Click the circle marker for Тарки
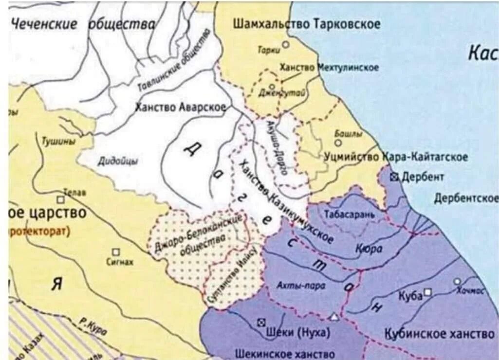pyautogui.click(x=286, y=44)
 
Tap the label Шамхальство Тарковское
pyautogui.click(x=307, y=24)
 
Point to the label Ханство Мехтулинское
pyautogui.click(x=329, y=68)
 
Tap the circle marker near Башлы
pyautogui.click(x=338, y=143)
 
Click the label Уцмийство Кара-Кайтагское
pyautogui.click(x=396, y=157)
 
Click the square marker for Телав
pyautogui.click(x=60, y=199)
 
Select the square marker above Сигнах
pyautogui.click(x=116, y=252)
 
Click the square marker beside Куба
pyautogui.click(x=427, y=292)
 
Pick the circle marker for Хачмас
pyautogui.click(x=457, y=281)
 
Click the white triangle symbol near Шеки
pyautogui.click(x=334, y=317)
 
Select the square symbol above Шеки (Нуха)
pyautogui.click(x=261, y=322)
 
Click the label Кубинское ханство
pyautogui.click(x=440, y=334)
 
